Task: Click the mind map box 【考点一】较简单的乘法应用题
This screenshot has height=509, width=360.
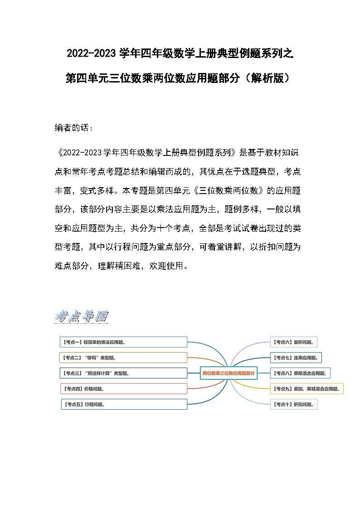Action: point(123,342)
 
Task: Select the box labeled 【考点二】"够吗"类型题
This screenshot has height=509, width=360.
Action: point(123,358)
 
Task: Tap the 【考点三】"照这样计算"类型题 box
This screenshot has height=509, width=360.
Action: point(123,373)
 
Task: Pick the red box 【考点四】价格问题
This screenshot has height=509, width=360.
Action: point(123,388)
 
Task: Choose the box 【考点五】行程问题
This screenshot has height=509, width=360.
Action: point(123,404)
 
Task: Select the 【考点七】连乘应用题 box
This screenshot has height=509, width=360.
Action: point(296,358)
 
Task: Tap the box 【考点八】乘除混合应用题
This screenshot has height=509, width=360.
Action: point(300,373)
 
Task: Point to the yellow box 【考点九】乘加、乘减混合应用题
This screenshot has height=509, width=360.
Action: point(306,389)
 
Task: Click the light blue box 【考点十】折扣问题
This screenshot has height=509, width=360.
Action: point(293,404)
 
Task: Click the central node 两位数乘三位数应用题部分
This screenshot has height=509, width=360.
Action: point(229,373)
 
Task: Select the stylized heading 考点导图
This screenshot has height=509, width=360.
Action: point(81,316)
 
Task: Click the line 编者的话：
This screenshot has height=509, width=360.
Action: point(74,128)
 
